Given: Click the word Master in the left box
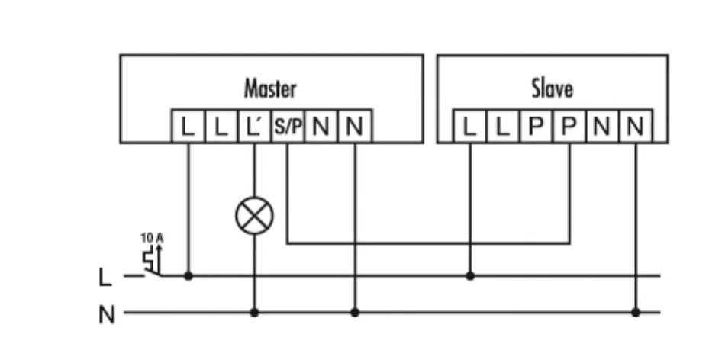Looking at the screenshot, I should pos(270,88).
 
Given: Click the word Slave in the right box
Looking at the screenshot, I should pos(552,88).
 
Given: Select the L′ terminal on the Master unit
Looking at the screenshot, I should pos(254,127).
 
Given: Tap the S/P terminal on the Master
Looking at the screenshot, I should pos(287,127).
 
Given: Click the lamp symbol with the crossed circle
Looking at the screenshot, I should pos(254,216).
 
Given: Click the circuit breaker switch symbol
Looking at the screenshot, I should pos(152,263).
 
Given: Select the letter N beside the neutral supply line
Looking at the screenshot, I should pos(107,313).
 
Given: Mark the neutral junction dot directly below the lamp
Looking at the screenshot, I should pos(254,312).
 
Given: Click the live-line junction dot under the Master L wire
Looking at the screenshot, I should pos(188,275).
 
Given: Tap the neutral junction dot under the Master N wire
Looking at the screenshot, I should pos(354,312).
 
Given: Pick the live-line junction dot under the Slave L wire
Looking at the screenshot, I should pos(470,275).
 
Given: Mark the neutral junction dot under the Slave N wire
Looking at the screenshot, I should pos(635,312).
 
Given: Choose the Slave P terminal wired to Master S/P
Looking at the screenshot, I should pos(569,127).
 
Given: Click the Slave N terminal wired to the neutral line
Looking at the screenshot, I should pos(635,127).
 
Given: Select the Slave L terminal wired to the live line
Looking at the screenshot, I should pos(470,127).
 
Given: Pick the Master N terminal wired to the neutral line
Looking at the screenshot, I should pos(354,127).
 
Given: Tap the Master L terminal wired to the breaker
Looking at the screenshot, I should pos(188,127).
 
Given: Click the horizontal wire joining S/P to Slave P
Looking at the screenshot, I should pos(427,244).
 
